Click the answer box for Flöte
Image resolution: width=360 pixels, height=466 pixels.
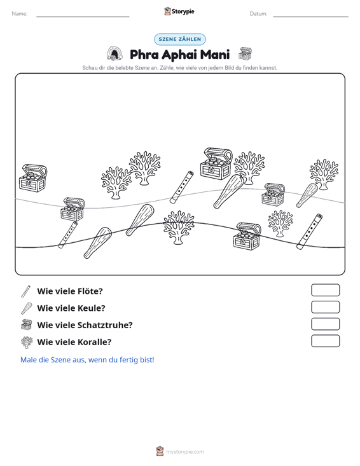point(325,290)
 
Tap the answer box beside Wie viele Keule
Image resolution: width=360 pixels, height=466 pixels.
point(325,307)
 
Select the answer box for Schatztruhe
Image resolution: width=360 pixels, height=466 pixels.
point(325,324)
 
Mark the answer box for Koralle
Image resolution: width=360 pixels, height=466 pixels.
point(325,341)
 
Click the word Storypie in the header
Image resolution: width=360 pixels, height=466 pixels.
point(183,11)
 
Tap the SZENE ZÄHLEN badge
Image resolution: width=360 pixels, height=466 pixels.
point(180,39)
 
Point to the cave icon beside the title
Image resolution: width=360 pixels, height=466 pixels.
point(114,54)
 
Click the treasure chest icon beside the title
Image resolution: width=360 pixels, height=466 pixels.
point(245,53)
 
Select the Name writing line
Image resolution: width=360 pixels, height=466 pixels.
point(83,17)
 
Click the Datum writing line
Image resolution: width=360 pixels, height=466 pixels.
point(310,17)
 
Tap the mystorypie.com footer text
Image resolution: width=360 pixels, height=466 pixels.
point(185,452)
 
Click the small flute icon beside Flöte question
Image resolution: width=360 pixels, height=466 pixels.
point(25,292)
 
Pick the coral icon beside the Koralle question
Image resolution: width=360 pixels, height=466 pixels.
point(27,343)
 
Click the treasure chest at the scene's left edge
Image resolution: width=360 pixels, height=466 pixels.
point(33,178)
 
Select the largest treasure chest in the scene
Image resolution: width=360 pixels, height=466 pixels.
point(216,163)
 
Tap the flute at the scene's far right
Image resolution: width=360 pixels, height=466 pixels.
point(310,231)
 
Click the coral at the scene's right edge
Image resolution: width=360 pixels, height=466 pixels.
point(324,174)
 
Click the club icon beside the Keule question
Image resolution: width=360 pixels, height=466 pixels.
point(27,308)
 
